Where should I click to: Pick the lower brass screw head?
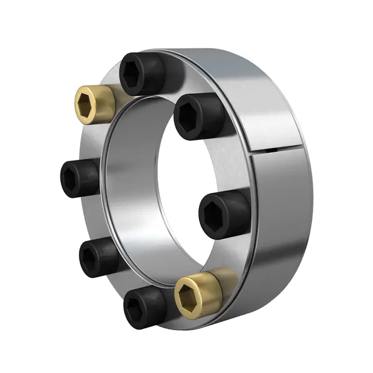[199, 291]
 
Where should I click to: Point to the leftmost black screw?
[80, 178]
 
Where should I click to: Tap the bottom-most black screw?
[144, 307]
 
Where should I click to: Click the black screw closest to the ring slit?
[199, 116]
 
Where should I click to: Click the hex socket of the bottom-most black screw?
[137, 308]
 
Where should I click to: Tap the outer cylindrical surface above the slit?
[249, 93]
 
